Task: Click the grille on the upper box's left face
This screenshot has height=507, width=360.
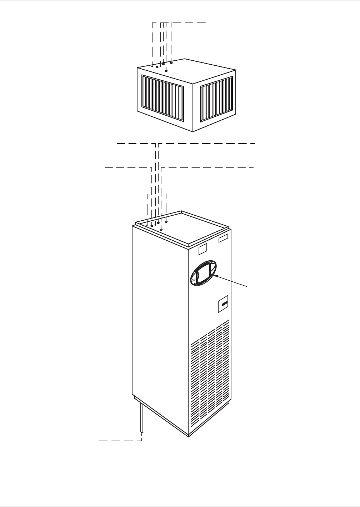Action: click(x=162, y=97)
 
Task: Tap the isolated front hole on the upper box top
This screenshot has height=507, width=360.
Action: click(x=166, y=71)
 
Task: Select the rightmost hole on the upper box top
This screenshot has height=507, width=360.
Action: click(x=171, y=63)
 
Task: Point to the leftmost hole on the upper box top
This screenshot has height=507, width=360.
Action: click(x=152, y=66)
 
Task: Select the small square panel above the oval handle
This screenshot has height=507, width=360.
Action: click(x=202, y=249)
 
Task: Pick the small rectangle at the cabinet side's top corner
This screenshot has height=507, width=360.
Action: click(x=223, y=239)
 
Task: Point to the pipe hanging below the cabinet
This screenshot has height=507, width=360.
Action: click(x=142, y=418)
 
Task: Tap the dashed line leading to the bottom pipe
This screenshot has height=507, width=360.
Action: click(x=120, y=441)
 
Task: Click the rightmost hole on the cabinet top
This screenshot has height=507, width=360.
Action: click(x=166, y=222)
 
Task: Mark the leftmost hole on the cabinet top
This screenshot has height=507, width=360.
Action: click(x=147, y=225)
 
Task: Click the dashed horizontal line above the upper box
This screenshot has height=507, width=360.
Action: click(x=189, y=23)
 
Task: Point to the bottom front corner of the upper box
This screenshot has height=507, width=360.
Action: click(x=193, y=132)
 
